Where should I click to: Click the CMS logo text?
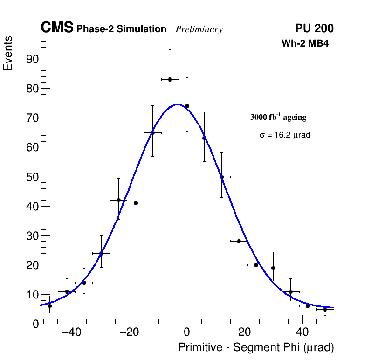[57, 28]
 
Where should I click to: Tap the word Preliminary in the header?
[199, 29]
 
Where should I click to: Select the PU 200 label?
[314, 28]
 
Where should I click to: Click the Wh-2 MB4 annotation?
[305, 44]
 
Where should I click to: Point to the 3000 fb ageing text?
[278, 117]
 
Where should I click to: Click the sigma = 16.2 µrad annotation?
[285, 135]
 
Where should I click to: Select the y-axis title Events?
[8, 53]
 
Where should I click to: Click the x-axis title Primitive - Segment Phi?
[256, 348]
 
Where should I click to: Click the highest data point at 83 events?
[170, 79]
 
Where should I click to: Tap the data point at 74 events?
[187, 106]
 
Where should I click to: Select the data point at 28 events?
[239, 241]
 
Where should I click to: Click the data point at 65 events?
[152, 132]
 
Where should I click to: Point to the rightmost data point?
[325, 309]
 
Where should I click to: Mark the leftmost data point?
[49, 306]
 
